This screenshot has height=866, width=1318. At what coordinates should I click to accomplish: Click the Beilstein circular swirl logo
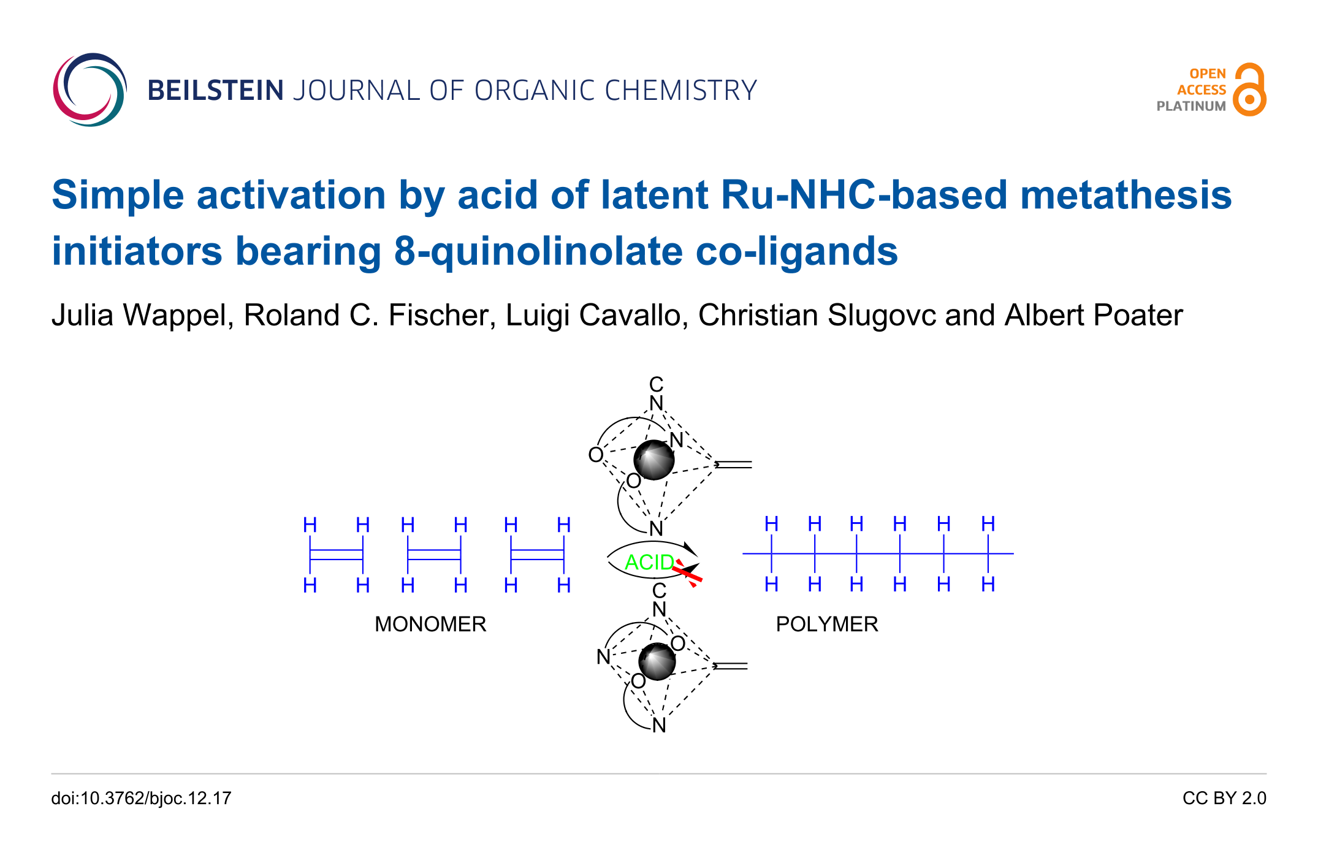(90, 89)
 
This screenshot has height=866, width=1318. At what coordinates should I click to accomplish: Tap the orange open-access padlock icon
(1249, 90)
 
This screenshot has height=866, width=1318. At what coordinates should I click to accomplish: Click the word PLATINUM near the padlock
(1190, 106)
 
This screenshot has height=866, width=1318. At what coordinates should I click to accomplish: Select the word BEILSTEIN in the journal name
(215, 91)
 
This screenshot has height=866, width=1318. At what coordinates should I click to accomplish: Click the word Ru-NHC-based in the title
(864, 195)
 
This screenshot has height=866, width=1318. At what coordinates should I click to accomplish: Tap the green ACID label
(649, 562)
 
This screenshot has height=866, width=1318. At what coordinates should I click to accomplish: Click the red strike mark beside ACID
(688, 574)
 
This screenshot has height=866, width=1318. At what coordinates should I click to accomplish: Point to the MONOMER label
(430, 624)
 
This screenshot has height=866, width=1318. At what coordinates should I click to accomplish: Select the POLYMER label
(826, 624)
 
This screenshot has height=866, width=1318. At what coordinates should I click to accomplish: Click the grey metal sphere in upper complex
(653, 460)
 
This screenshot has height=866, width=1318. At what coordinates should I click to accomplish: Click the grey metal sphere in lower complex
(657, 662)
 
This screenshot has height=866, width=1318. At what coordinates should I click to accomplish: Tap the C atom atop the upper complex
(656, 384)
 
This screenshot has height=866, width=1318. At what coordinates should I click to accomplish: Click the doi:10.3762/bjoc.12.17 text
(141, 798)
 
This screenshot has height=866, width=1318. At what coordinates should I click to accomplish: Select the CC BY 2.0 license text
(1224, 798)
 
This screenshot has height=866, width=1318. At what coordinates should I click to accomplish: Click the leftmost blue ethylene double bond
(337, 555)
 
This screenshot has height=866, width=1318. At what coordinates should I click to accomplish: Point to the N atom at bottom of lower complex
(659, 725)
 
